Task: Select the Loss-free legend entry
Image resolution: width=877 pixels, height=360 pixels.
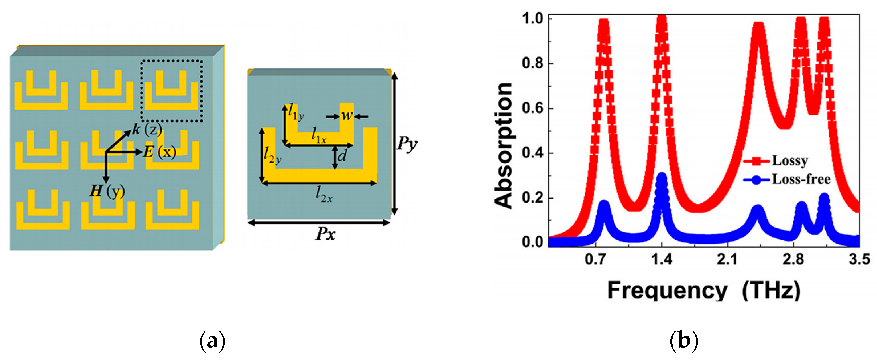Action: coord(800,179)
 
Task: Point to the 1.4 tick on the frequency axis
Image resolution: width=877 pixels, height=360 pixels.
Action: coord(662,260)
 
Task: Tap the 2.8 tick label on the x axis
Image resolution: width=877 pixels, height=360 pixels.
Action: coord(793,260)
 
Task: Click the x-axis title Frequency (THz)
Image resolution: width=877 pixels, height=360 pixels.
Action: coord(703,290)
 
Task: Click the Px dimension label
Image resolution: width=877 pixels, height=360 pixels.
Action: coord(325,234)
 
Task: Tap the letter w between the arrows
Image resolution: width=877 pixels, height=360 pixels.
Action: coord(347,116)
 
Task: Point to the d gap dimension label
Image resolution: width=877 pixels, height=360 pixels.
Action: coord(342,156)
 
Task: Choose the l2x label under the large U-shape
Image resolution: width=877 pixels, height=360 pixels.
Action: coord(323,195)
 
